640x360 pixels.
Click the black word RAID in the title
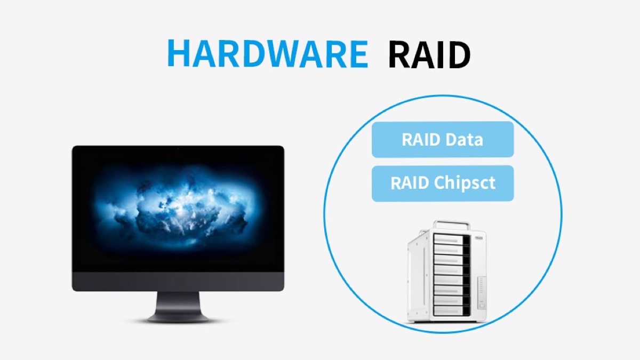point(429,53)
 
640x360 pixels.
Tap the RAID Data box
point(442,140)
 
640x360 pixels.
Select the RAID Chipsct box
point(442,183)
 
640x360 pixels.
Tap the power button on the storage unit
point(481,306)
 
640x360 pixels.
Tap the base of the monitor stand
point(178,318)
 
